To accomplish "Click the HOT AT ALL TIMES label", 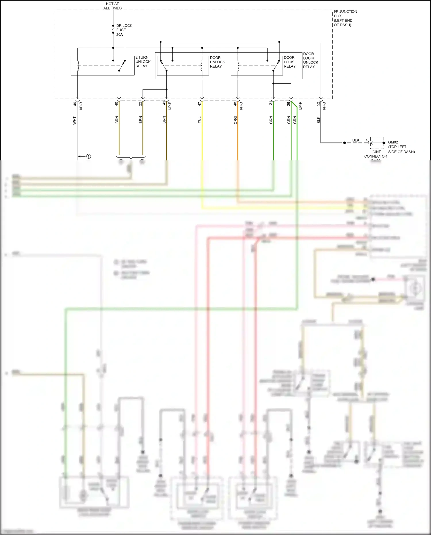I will point(112,6).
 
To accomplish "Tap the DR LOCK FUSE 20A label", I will point(124,30).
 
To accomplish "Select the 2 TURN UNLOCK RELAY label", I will point(143,62).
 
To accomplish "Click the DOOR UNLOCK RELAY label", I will point(217,62).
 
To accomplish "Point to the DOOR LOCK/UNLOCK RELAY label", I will point(310,60).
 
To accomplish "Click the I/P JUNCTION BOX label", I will point(345,18).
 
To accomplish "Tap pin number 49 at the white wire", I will point(75,104).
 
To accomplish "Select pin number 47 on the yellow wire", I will point(199,104).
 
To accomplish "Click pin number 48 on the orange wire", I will point(235,104).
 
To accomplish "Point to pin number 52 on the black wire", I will point(318,104).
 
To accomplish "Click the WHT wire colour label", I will point(75,120).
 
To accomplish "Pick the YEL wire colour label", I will point(199,120).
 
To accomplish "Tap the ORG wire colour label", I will point(235,120).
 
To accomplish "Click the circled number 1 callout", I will point(89,156).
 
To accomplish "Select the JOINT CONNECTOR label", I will point(376,154).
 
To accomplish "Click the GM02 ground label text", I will point(393,142).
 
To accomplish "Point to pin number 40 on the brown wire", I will point(116,104).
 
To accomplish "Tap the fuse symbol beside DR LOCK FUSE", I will point(113,30).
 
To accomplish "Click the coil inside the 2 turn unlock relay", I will point(78,66).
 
